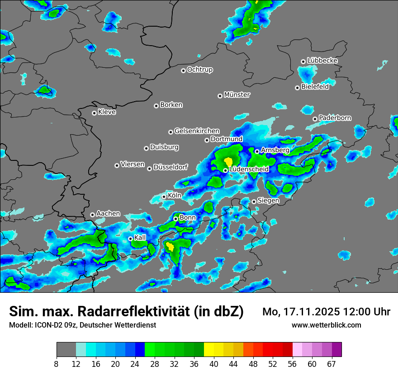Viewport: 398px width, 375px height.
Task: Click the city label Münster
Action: coord(237,95)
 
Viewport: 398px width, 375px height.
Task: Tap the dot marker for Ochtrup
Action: coord(183,70)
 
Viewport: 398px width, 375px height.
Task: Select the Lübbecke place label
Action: coord(322,61)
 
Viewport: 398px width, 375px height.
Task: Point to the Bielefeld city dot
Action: coord(297,88)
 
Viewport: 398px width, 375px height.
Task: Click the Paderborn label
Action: coord(335,118)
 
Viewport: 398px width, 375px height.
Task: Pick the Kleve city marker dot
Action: coord(94,113)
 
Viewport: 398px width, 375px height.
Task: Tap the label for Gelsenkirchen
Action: coord(197,131)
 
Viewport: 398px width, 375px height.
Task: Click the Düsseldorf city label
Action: coord(171,167)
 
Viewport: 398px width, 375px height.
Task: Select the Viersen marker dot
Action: coord(117,165)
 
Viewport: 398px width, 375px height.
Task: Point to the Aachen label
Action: coord(108,213)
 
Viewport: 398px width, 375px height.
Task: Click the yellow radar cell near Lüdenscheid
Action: coord(228,161)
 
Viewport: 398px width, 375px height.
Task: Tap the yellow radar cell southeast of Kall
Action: coord(170,246)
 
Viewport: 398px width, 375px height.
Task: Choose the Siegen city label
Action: coord(268,200)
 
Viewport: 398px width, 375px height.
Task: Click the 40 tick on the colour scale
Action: coord(213,364)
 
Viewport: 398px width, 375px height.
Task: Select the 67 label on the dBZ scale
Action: coord(332,364)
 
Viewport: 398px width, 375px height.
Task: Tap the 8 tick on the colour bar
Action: coord(57,364)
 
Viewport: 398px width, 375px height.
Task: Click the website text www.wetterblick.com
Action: coord(326,325)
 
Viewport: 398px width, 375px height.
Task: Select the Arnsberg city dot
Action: coord(257,151)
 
